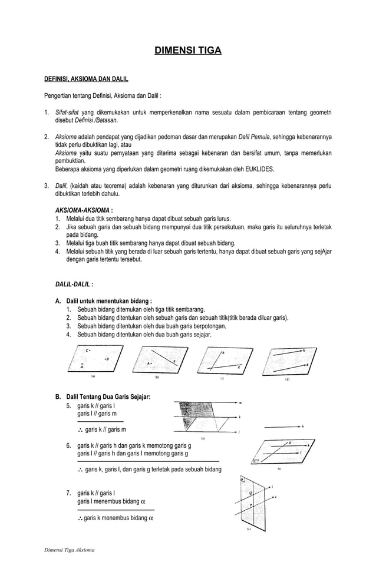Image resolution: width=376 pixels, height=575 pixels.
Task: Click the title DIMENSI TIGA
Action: [x=188, y=51]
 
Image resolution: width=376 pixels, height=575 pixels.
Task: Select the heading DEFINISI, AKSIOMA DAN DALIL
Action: [x=86, y=78]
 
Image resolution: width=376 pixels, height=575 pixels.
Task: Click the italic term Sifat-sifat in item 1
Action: [x=67, y=112]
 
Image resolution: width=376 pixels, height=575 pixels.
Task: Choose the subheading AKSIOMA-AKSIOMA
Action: [x=82, y=209]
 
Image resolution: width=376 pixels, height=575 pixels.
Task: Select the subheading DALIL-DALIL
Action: [x=73, y=284]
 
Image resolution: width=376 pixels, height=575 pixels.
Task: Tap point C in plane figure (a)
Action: [x=87, y=351]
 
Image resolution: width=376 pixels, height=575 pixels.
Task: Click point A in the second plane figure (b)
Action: [x=149, y=363]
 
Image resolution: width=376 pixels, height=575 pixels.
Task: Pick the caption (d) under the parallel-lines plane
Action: [x=287, y=379]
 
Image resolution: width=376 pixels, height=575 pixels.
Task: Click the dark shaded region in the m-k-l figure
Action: [x=196, y=409]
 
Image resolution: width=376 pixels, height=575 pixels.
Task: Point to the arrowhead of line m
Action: [x=237, y=403]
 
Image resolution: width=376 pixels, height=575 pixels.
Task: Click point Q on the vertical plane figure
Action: [x=251, y=493]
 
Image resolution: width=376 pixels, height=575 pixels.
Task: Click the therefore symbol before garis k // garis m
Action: [x=80, y=429]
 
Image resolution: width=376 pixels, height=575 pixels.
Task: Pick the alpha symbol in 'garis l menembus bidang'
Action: [x=143, y=501]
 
